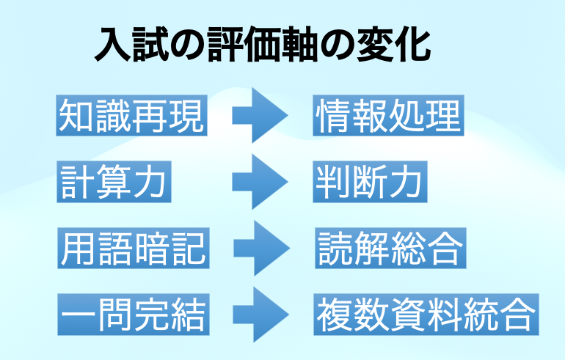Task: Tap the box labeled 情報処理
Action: pyautogui.click(x=388, y=114)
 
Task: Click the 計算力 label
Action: pyautogui.click(x=114, y=181)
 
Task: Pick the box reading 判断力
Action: pyautogui.click(x=370, y=181)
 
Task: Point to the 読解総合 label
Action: pyautogui.click(x=390, y=248)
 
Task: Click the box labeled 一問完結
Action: pyautogui.click(x=132, y=314)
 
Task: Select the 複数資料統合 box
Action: pyautogui.click(x=425, y=314)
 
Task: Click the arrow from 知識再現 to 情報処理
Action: pyautogui.click(x=259, y=115)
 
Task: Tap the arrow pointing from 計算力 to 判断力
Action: pyautogui.click(x=259, y=181)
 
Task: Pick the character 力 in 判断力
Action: pyautogui.click(x=407, y=181)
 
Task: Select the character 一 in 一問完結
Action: pyautogui.click(x=77, y=315)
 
